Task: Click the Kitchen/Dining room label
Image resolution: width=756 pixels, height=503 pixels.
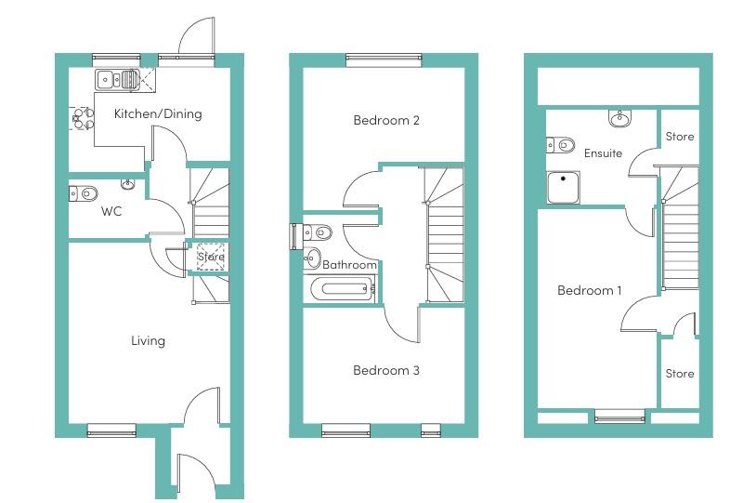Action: (157, 114)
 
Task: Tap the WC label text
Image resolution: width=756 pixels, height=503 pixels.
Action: (111, 211)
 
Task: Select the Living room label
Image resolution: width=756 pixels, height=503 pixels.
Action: (148, 340)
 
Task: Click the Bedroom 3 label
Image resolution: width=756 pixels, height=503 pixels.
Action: (386, 370)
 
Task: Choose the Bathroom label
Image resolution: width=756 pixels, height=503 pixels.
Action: (350, 265)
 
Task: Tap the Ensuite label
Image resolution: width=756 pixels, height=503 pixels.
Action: (603, 153)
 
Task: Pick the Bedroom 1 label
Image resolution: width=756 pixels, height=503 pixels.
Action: (590, 291)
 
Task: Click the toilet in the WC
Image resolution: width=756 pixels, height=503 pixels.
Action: (85, 193)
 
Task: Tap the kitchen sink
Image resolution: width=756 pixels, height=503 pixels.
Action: (116, 79)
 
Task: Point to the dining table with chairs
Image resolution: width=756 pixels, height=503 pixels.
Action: (82, 118)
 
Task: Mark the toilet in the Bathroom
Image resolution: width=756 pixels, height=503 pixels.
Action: (319, 232)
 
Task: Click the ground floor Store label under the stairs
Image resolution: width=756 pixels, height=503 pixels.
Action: (210, 257)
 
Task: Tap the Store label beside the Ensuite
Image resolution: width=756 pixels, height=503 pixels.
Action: (680, 137)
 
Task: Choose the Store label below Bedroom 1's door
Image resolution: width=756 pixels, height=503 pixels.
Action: (680, 374)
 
